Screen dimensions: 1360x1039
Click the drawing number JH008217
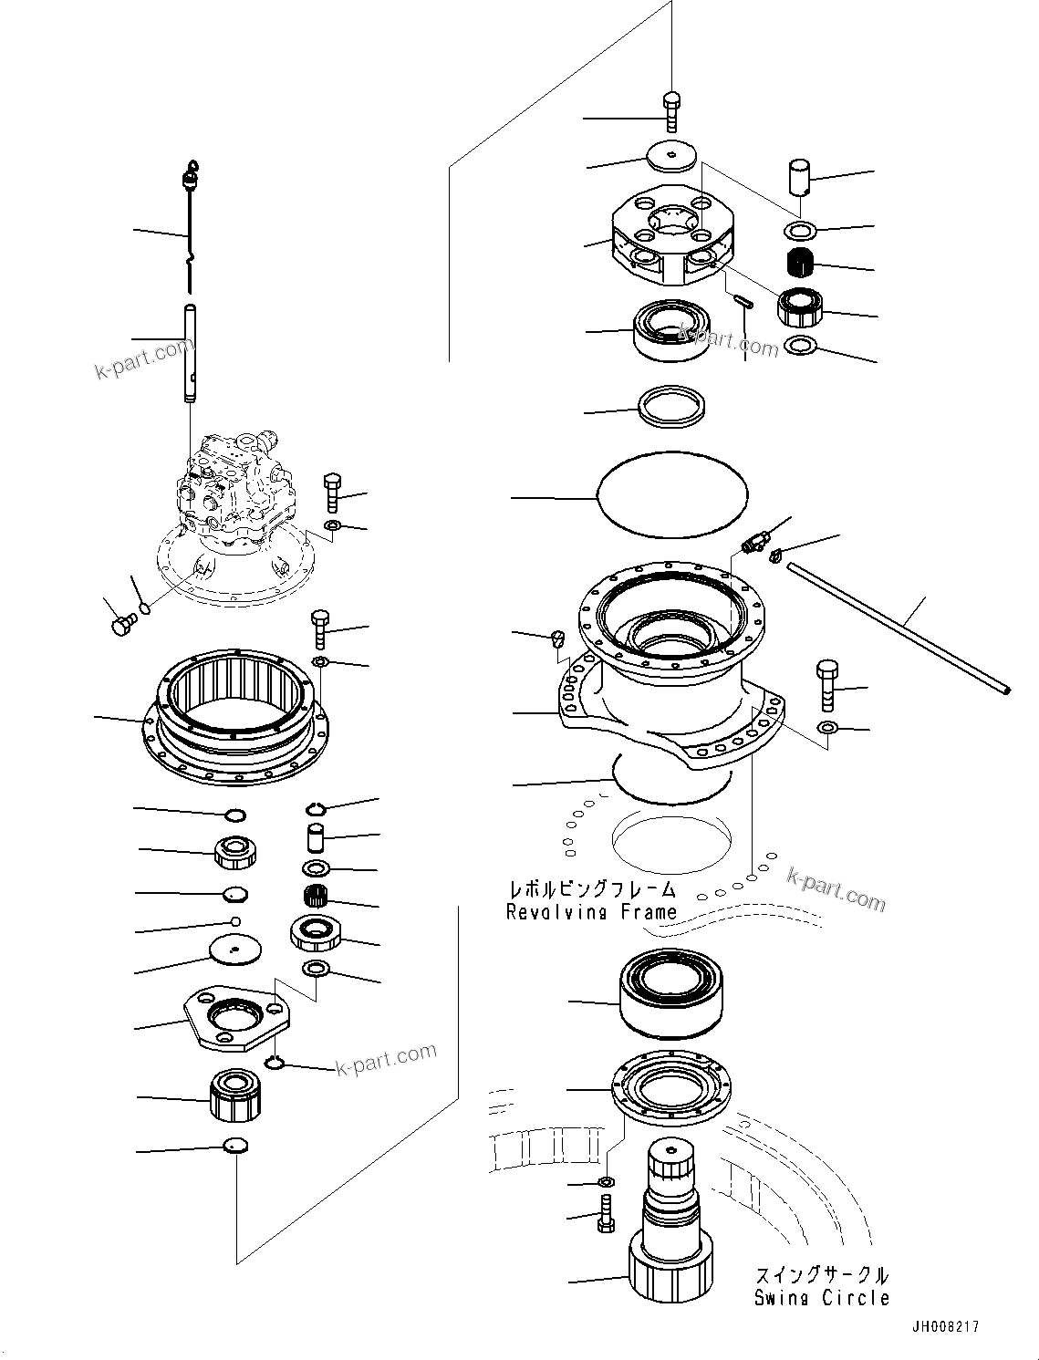click(943, 1327)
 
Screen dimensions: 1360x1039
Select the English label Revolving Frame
click(591, 911)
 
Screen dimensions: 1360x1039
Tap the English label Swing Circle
click(821, 1298)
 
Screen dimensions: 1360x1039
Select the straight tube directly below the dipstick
click(190, 352)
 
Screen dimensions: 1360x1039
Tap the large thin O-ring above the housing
click(671, 494)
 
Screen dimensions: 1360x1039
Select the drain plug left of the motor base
click(121, 625)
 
